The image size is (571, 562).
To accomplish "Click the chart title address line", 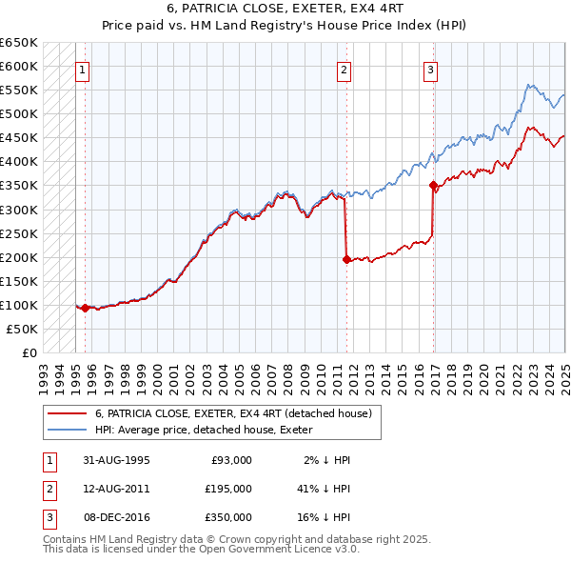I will point(285,10).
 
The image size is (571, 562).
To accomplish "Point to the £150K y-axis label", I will point(19,281).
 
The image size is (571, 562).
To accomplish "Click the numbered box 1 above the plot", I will point(83,69).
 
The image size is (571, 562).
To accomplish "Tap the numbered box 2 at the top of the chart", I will point(344,69).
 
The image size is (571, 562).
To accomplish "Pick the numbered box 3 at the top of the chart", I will point(431,69).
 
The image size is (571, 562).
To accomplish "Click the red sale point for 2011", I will point(346,258).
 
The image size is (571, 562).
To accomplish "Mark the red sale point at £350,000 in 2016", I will point(433,185).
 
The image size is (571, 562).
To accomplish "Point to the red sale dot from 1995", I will point(85,308).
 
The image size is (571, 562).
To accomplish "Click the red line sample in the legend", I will point(67,413).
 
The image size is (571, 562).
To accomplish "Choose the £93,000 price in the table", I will point(228,459).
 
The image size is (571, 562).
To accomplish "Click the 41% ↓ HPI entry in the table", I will point(324,488).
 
